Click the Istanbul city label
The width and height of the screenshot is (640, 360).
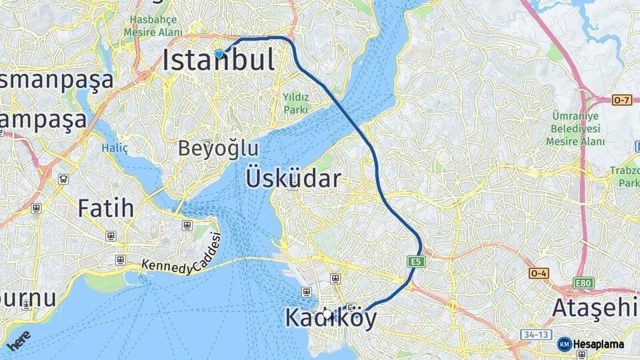219,61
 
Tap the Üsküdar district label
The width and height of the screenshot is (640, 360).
293,178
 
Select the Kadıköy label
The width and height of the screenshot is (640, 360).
331,318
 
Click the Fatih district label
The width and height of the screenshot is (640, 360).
105,208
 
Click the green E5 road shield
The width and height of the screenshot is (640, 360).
417,262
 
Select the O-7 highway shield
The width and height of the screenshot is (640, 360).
621,100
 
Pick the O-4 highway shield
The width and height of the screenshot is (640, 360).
539,273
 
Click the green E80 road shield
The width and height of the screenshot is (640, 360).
585,283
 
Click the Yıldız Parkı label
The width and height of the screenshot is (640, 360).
296,103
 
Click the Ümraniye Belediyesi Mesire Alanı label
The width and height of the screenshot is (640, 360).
575,128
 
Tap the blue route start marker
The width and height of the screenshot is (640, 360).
219,53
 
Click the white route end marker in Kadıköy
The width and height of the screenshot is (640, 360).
327,312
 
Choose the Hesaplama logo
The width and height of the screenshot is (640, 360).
591,344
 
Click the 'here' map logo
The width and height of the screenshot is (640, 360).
19,340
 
